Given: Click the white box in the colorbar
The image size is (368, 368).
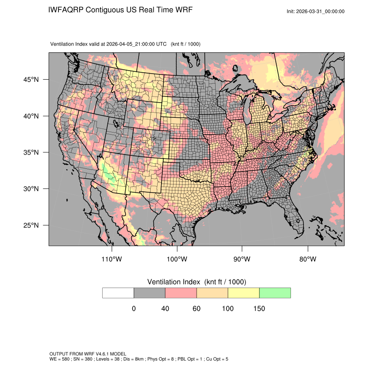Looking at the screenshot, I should click(x=118, y=293).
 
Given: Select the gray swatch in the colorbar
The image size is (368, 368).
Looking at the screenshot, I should click(x=149, y=293).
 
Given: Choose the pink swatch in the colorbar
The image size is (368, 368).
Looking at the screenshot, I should click(x=181, y=293).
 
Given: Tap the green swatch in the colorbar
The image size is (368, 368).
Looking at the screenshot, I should click(x=275, y=293).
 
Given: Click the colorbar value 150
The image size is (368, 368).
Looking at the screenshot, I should click(x=259, y=309).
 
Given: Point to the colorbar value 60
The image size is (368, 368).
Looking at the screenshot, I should click(x=197, y=309).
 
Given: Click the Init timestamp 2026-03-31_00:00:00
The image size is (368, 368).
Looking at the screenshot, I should click(x=320, y=11).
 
